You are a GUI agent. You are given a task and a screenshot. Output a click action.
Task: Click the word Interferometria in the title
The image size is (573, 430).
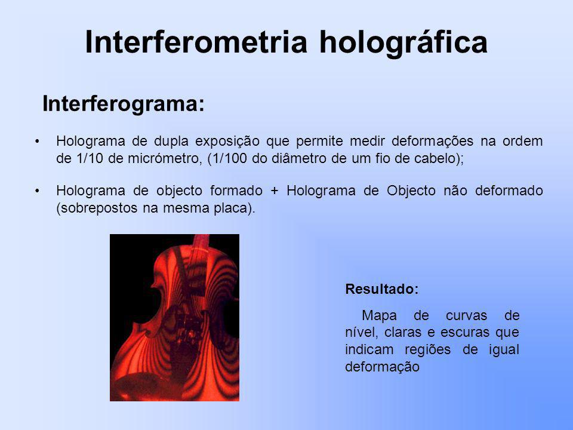(x=196, y=42)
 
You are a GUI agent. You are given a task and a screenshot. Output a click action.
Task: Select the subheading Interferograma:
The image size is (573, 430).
(x=124, y=104)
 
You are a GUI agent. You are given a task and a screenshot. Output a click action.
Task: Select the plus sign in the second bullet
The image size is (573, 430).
(x=275, y=191)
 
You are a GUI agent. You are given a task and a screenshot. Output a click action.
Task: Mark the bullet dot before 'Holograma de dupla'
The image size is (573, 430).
(x=37, y=142)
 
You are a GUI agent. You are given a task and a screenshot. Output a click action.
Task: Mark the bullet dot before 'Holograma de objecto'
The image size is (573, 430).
(x=37, y=191)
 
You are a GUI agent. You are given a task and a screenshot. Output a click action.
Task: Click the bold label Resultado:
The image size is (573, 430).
(x=382, y=289)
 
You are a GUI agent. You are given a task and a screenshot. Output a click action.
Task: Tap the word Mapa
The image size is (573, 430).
(x=379, y=315)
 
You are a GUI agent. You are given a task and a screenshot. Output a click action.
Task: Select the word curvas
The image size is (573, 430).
(x=466, y=315)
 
